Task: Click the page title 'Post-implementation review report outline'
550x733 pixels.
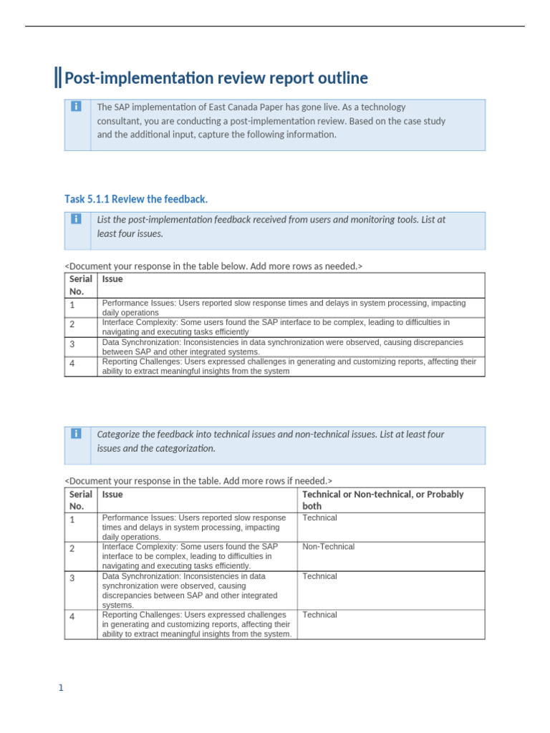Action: tap(216, 78)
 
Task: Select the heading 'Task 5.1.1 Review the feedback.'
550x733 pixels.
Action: tap(136, 199)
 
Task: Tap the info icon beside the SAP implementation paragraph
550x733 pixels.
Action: tap(77, 107)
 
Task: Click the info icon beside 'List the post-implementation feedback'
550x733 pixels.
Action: tap(77, 219)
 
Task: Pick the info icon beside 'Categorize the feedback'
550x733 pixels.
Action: tap(77, 434)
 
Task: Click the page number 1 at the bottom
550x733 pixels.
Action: tap(61, 689)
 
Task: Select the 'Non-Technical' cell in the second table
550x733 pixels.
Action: tap(328, 547)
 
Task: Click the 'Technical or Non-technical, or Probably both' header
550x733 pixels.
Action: tap(382, 500)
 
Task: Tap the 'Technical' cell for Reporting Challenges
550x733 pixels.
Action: tap(319, 615)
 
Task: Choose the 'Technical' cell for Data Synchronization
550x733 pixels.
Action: tap(319, 576)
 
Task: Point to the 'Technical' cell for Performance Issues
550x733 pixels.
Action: tap(319, 518)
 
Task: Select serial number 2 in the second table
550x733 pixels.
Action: tap(72, 549)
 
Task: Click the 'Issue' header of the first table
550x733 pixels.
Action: tap(112, 279)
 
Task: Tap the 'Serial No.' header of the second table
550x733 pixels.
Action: tap(80, 500)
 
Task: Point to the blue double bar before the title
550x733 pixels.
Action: tap(57, 77)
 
